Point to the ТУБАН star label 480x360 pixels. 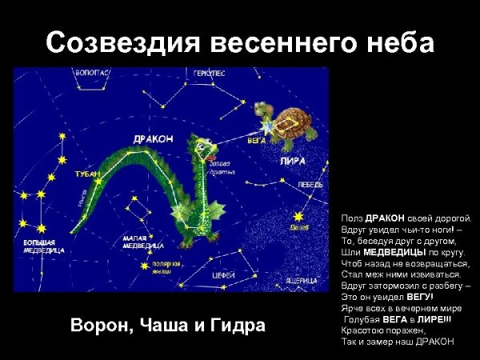[x=87, y=173]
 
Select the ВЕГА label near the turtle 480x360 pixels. [x=256, y=140]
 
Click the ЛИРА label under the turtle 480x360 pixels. [x=293, y=160]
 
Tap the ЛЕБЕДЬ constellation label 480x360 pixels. [x=311, y=184]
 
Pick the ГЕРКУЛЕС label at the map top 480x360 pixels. [x=209, y=74]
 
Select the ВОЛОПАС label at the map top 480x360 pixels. [x=91, y=73]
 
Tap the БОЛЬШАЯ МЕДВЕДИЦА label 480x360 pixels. [x=38, y=245]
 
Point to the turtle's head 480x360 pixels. [x=264, y=110]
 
